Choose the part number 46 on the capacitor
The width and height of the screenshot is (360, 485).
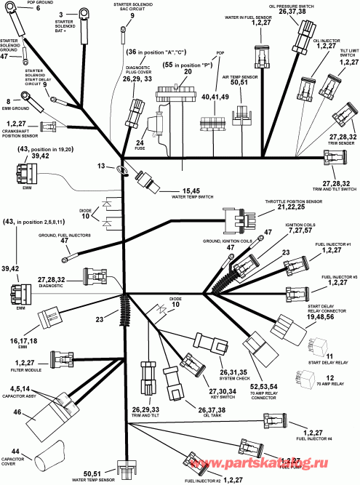[x=16, y=412]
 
